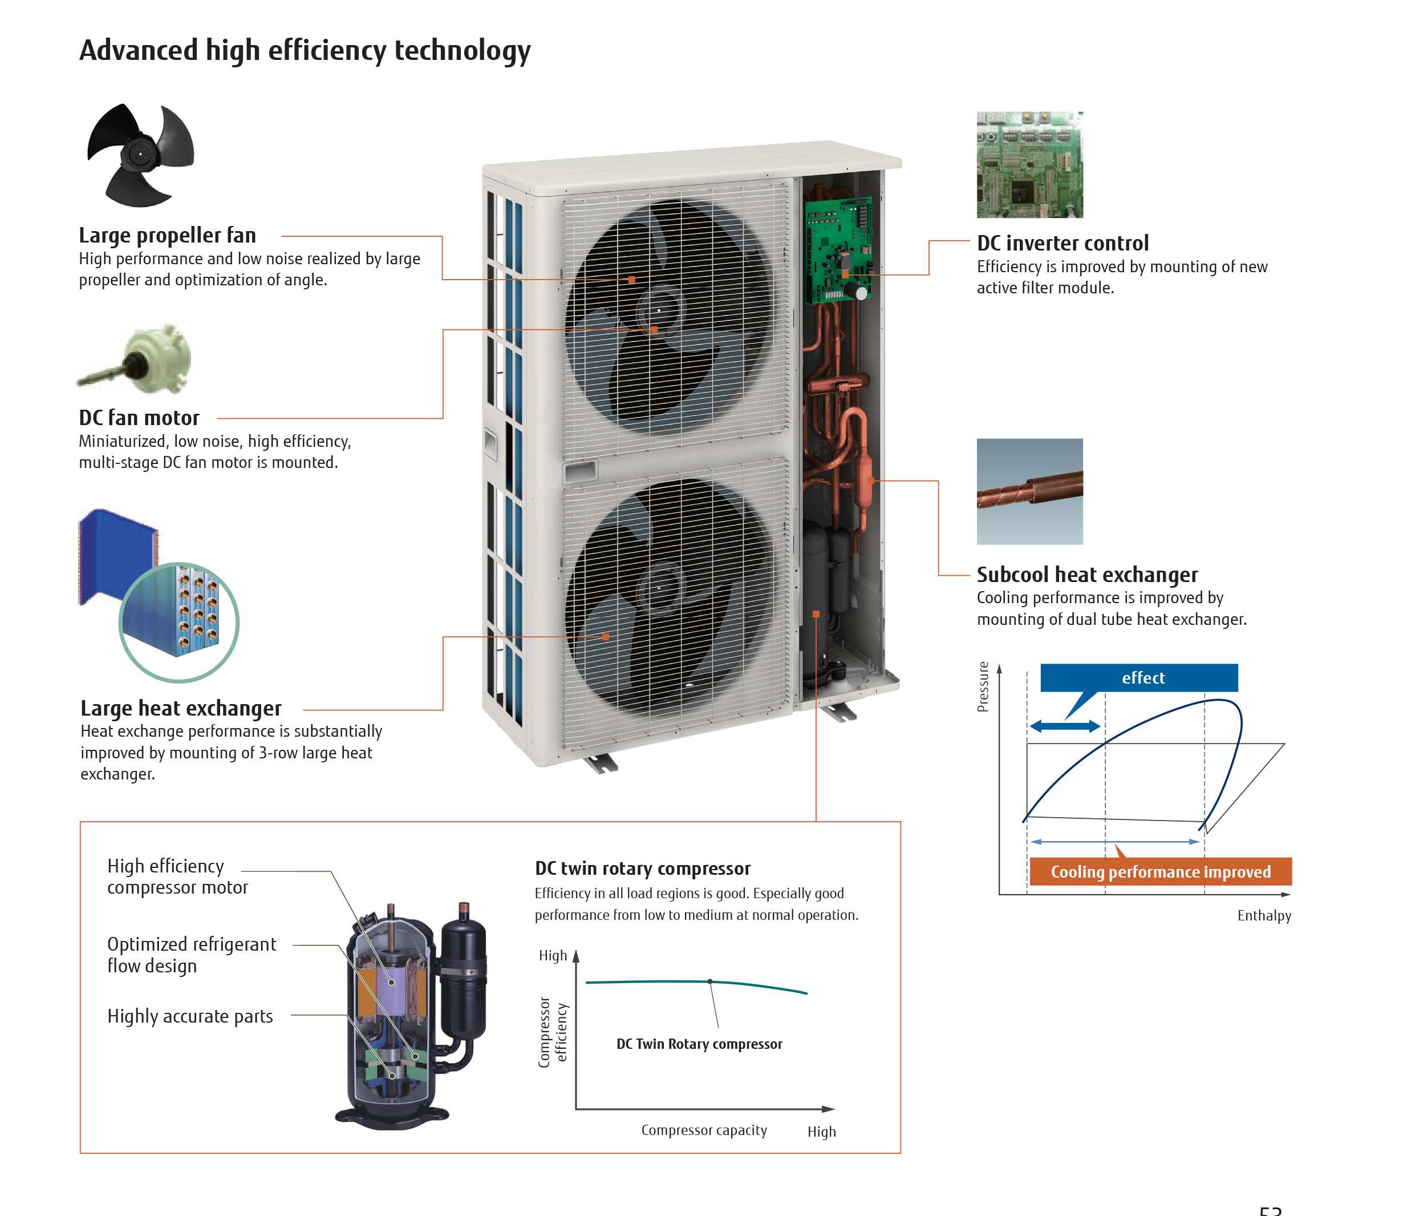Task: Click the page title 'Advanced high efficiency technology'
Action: [x=305, y=50]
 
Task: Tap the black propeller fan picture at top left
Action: [x=140, y=155]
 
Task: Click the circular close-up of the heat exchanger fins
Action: [x=179, y=622]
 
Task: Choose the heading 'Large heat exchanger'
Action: [x=180, y=708]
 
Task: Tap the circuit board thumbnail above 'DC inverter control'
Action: [x=1029, y=165]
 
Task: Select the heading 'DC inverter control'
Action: [x=1062, y=243]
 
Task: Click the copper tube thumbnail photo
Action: [x=1029, y=491]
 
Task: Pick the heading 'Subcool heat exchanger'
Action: [x=1086, y=575]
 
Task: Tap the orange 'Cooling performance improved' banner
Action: [x=1159, y=871]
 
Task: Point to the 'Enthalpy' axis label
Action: [x=1263, y=915]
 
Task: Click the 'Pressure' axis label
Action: [x=983, y=686]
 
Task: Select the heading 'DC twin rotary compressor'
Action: [x=642, y=868]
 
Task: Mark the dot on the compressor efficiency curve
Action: [x=709, y=981]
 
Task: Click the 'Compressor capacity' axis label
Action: [x=704, y=1130]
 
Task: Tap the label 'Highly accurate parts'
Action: [x=190, y=1016]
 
